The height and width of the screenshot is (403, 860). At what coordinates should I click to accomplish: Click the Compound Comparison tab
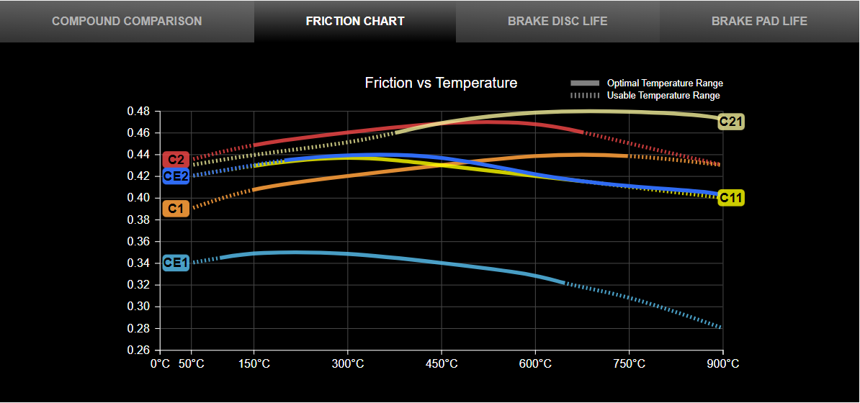coord(127,21)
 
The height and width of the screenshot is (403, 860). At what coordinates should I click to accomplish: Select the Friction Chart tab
coord(355,21)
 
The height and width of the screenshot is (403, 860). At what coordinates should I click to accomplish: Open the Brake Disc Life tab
coord(557,21)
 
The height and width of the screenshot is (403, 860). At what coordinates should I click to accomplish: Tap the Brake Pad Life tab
coord(759,21)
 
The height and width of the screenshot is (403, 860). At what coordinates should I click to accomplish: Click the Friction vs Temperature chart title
coord(441,83)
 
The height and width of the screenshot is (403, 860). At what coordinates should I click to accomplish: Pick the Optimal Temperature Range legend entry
coord(664,83)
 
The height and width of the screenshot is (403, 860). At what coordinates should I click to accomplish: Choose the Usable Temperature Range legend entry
coord(663,95)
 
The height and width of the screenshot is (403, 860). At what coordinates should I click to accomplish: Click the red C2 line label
coord(176,159)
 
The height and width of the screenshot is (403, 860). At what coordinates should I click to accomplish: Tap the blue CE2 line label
coord(176,176)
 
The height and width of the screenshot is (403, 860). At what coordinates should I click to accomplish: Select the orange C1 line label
coord(176,209)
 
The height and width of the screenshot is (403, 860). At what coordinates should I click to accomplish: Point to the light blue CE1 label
coord(176,263)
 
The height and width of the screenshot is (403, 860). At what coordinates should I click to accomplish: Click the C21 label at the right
coord(731,122)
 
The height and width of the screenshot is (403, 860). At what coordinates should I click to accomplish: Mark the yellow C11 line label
coord(731,198)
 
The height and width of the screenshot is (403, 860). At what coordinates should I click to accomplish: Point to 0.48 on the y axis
coord(138,112)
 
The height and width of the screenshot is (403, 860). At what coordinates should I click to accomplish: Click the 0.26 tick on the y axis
coord(138,350)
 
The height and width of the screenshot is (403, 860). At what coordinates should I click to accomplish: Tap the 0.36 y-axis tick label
coord(138,242)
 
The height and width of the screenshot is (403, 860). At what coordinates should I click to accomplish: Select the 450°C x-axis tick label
coord(442,364)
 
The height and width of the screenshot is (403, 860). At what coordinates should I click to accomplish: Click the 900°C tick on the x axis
coord(722,364)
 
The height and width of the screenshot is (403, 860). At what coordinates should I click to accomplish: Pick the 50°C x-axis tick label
coord(191,364)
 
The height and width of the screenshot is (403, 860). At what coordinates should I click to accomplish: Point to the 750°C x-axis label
coord(629,364)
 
